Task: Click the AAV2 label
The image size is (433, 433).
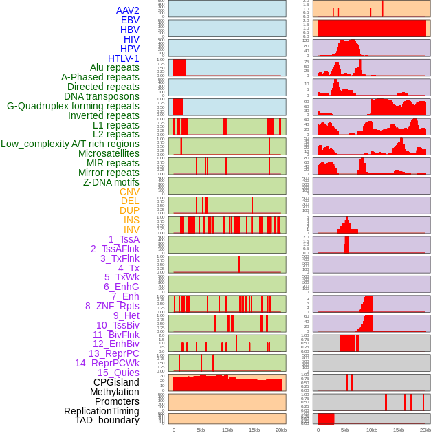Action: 128,10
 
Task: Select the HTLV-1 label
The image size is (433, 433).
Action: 124,58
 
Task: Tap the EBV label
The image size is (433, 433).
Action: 130,20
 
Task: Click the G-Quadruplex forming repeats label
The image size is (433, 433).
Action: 73,106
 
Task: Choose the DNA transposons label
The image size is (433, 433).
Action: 102,96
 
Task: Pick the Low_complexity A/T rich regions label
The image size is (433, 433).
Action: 70,144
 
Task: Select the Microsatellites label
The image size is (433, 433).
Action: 109,153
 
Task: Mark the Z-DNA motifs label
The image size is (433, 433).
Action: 111,182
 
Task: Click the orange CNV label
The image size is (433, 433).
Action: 129,192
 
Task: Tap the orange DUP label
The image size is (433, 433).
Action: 129,210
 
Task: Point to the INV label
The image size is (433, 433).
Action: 131,230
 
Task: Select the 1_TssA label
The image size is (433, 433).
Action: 124,239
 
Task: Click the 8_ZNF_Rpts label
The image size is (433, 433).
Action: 112,306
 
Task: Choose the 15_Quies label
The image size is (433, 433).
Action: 118,373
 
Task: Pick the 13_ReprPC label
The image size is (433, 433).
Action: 113,353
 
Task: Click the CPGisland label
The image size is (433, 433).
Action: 116,382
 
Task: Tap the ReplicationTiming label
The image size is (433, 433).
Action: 101,411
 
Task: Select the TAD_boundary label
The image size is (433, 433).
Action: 107,420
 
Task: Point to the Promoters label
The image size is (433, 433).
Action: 117,401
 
